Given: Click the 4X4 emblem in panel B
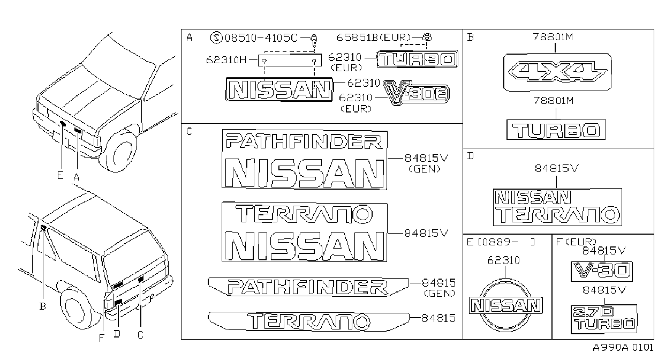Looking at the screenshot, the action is [557, 72].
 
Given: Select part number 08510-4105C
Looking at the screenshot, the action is [261, 38].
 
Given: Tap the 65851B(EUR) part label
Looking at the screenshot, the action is [373, 37].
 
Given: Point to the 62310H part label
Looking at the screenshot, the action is [226, 60].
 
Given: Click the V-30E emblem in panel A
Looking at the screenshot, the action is [416, 93].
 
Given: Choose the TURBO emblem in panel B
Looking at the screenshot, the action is [556, 130].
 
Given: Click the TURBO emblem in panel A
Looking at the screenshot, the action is [417, 59].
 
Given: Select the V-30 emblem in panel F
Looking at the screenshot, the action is [601, 271].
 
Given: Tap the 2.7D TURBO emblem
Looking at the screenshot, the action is [603, 319].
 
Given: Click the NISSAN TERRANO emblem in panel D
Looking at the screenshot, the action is [557, 207].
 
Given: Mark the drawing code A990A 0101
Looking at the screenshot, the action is [623, 348].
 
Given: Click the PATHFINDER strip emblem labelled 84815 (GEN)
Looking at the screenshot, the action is [308, 287].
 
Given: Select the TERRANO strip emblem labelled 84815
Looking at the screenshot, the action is [308, 321].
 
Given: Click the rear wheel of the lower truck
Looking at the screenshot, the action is [76, 307].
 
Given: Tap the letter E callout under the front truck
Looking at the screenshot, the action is [60, 175].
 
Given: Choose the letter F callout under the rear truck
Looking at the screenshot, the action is [101, 339].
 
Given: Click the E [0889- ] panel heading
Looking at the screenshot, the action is [501, 242].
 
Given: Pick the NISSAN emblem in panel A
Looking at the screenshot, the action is [279, 89].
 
